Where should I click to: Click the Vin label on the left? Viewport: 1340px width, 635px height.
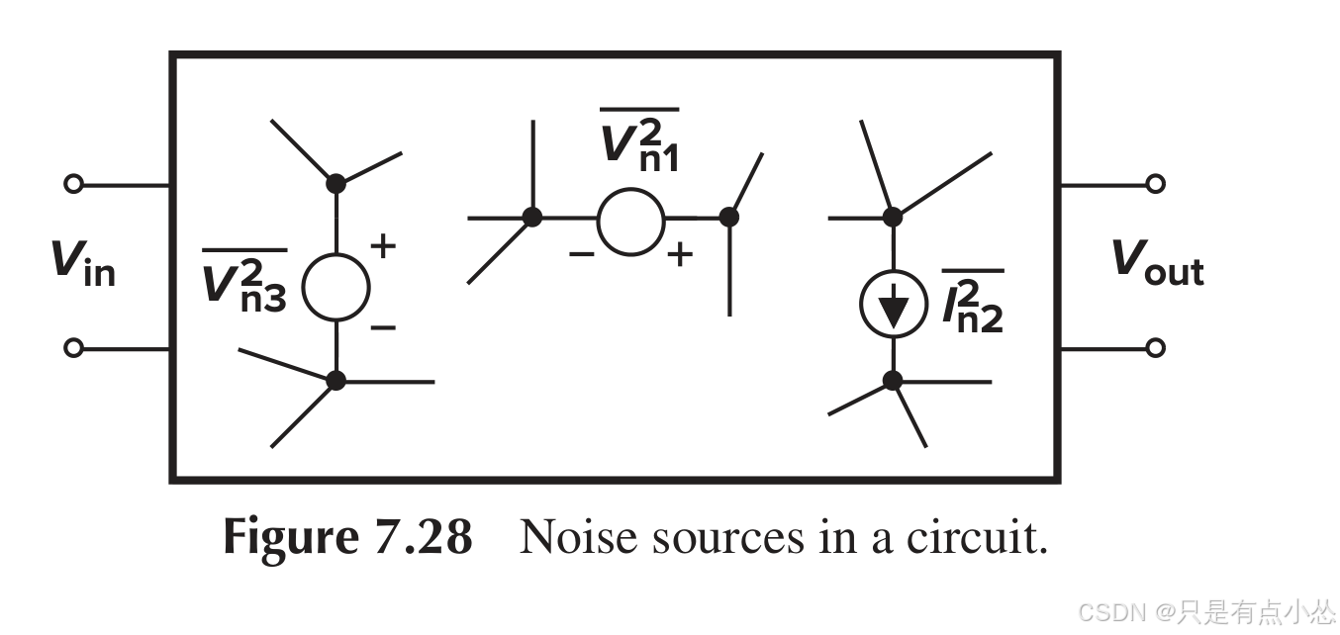82,263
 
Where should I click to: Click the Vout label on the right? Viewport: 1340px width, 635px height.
1157,263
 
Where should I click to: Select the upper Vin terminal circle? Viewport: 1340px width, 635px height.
73,184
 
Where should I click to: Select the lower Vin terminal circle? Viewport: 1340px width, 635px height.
73,348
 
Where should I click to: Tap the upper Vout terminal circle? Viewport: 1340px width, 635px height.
1155,184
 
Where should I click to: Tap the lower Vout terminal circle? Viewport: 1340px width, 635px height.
1155,348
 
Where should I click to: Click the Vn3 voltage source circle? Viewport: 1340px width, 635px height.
335,287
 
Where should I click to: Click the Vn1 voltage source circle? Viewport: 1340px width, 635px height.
630,221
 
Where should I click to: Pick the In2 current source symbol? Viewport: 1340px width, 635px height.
893,306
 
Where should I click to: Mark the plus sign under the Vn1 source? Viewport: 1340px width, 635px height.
679,255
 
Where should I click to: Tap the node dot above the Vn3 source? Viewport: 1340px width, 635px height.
335,183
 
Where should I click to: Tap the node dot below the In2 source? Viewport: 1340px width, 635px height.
893,380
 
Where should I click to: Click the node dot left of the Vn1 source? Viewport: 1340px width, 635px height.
532,218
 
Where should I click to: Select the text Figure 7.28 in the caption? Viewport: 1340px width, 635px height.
347,538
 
